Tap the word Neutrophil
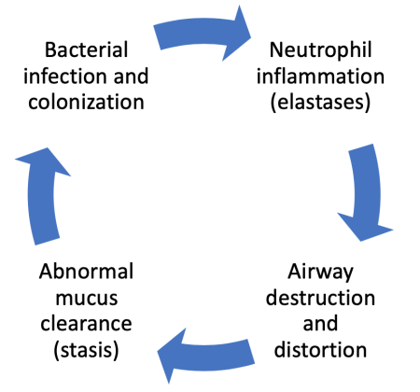tap(320, 48)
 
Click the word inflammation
tap(320, 75)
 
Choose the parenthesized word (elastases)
tap(320, 101)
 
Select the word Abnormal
tap(74, 272)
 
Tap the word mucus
tap(74, 299)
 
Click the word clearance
tap(74, 325)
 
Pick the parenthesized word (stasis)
tap(74, 352)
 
